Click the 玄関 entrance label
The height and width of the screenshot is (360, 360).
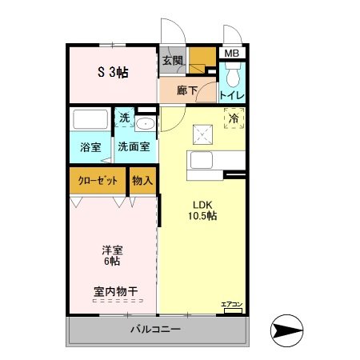coord(172,60)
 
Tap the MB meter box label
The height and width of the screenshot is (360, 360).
coord(231,54)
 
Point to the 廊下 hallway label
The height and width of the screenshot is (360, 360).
coord(187,91)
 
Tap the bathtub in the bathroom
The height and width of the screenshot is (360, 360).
coord(90,121)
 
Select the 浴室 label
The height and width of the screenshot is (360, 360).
coord(90,147)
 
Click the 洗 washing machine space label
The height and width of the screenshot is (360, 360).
coord(124,118)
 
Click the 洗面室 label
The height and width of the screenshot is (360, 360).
coord(134,147)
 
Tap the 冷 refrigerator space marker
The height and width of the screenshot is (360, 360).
coord(234,118)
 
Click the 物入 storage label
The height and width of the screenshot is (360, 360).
coord(142,181)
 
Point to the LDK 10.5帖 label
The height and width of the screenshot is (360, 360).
coord(202,209)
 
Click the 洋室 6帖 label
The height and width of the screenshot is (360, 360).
coord(110,254)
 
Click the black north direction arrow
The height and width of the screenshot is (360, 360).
coord(288,329)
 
